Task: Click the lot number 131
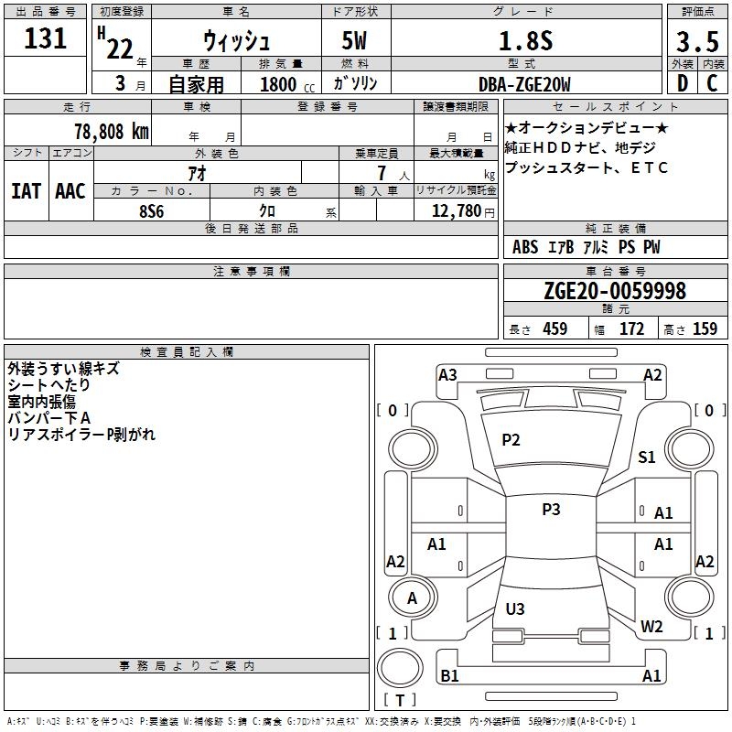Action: tap(45, 38)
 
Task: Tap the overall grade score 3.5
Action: tap(697, 41)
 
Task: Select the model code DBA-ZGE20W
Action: tap(524, 84)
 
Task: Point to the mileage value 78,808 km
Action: tap(112, 131)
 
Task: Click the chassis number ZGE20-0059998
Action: tap(615, 290)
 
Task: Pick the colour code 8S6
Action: tap(152, 211)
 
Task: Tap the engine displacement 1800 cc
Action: tap(287, 84)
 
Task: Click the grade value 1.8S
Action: tap(525, 40)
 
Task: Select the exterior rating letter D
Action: tap(683, 83)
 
